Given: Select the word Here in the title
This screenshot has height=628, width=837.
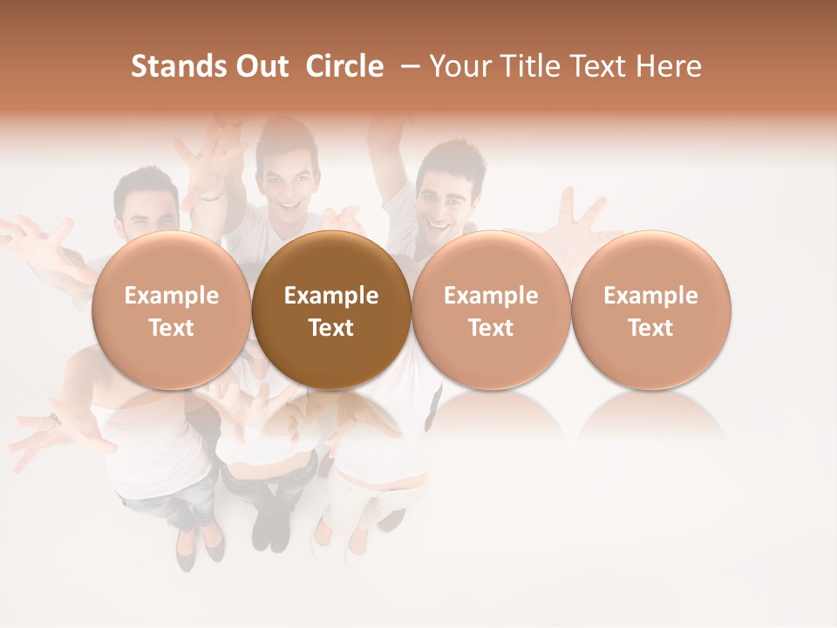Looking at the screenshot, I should [x=669, y=66].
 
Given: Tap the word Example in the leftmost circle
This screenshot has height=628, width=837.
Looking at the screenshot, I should [x=172, y=296].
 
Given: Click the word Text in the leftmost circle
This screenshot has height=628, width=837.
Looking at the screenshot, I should [x=172, y=328].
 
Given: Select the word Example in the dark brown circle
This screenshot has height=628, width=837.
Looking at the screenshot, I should [x=331, y=296].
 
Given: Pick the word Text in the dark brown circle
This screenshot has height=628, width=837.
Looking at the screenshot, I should [x=331, y=328].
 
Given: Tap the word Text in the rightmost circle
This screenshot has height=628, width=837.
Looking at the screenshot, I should [x=650, y=328].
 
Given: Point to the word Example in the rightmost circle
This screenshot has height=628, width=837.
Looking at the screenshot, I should [x=650, y=296].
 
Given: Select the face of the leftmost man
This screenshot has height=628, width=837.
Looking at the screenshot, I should [x=146, y=209].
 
